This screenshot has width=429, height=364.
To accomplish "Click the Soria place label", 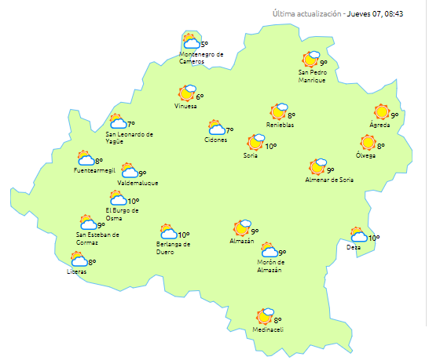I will point(251,155).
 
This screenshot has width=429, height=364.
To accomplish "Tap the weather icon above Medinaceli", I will point(265,316).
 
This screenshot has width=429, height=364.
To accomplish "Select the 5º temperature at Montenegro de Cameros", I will point(204,45).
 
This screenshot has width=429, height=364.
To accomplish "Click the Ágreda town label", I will point(380,126).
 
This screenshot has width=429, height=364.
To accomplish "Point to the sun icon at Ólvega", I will point(367,143).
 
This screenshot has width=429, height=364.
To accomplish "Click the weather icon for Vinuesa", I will point(187,93).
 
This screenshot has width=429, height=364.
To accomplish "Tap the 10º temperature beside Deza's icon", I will point(374,238).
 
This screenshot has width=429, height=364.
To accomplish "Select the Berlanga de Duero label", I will point(173,249).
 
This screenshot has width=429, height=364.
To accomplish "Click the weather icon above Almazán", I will point(242,227).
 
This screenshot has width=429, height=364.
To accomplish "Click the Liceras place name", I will point(77,271).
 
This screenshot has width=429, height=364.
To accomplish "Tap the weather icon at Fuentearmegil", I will point(86,158).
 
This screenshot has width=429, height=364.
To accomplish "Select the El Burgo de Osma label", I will point(122,214).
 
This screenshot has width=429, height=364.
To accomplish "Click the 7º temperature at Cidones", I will point(229,130).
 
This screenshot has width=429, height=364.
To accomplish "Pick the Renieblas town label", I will point(280,126).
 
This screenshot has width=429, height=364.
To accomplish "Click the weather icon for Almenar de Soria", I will point(317,167).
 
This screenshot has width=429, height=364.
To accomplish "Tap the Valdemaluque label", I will point(137,183).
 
